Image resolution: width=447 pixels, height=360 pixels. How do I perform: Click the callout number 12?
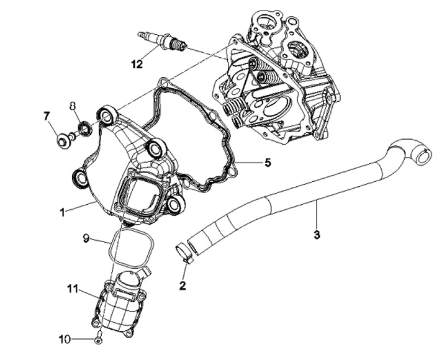click(x=137, y=63)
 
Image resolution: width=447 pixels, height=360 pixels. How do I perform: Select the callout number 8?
click(x=72, y=105)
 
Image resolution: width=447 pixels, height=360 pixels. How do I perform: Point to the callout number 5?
click(x=267, y=163)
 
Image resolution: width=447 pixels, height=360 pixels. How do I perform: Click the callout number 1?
click(x=62, y=212)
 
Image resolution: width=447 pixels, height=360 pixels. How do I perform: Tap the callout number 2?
click(x=183, y=286)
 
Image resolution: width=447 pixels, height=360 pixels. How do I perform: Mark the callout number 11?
click(x=73, y=288)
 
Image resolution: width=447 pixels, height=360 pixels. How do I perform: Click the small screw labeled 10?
click(x=99, y=339)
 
